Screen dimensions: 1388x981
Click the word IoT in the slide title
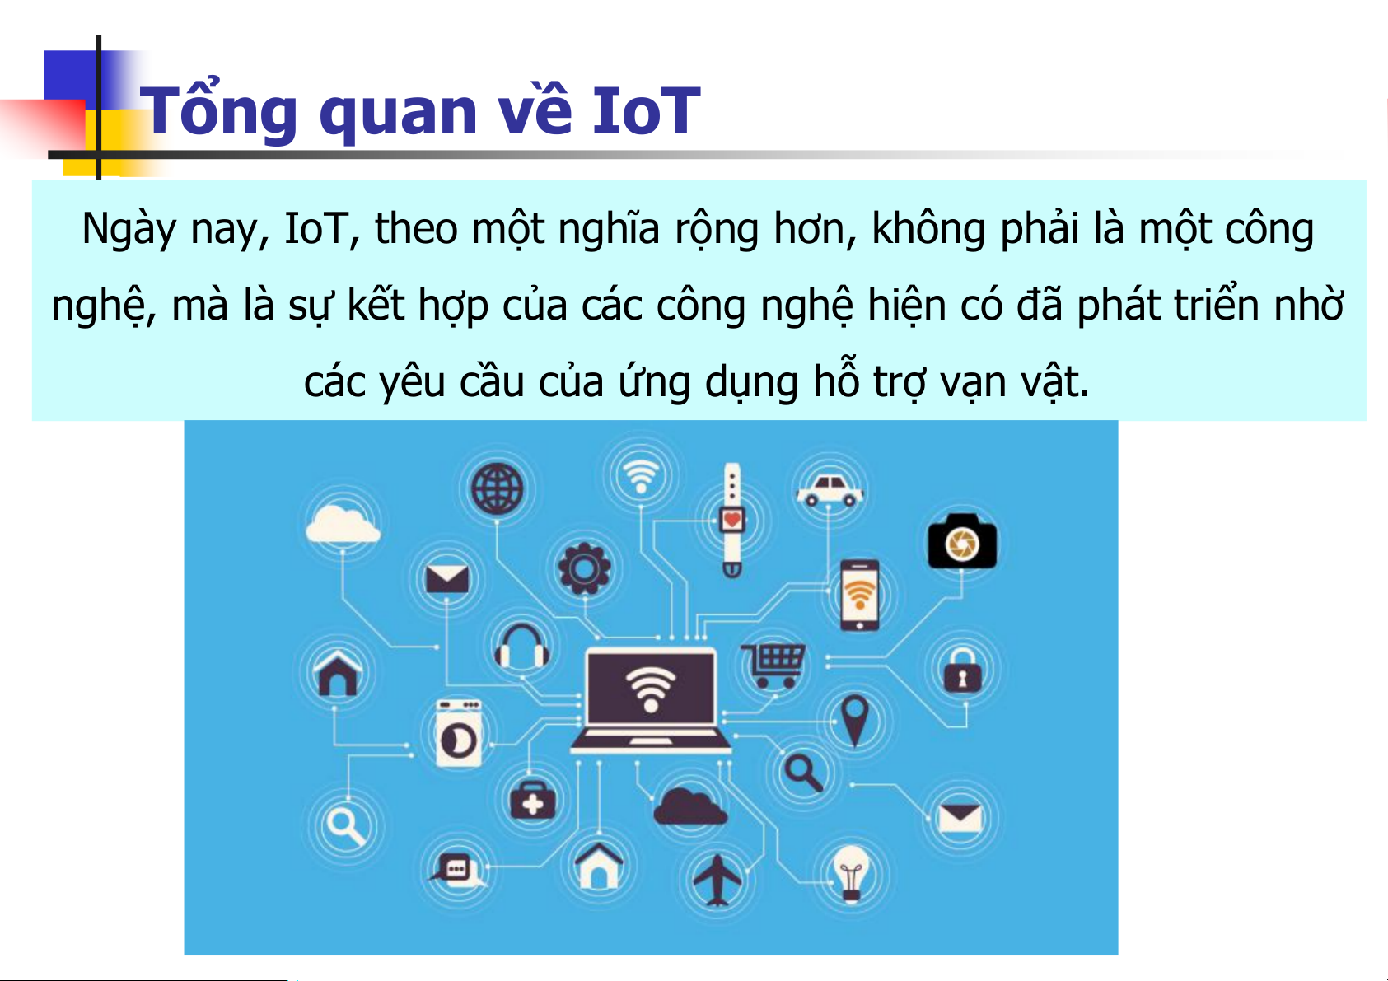coord(647,111)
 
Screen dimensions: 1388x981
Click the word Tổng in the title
coord(219,111)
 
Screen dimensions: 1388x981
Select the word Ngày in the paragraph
coord(129,229)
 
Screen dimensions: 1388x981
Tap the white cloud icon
coord(342,524)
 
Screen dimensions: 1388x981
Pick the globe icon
coord(497,489)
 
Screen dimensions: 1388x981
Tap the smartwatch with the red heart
coord(731,520)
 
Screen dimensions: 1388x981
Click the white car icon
coord(829,491)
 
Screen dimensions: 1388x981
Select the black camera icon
coord(961,541)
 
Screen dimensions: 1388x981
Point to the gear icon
coord(584,568)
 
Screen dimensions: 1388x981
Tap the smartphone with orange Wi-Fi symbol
coord(859,595)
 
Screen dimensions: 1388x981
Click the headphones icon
coord(521,647)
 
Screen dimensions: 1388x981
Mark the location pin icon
coord(854,721)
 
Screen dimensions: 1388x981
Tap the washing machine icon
coord(459,733)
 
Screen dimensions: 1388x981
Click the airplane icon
coord(717,880)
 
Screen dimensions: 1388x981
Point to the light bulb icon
coord(851,874)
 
